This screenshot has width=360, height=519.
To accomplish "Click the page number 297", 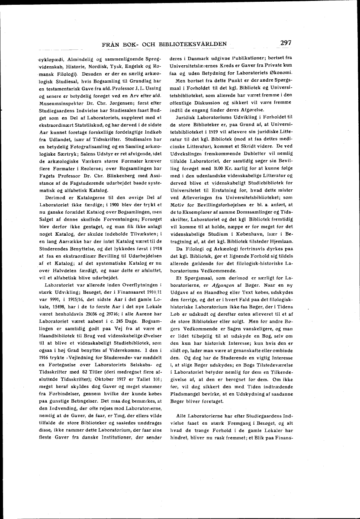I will coord(286,42).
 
